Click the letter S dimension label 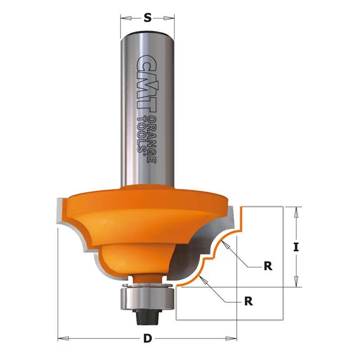[x=148, y=18]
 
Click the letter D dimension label [x=148, y=338]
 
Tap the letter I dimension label [x=296, y=247]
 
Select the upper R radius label [x=268, y=266]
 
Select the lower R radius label [x=249, y=301]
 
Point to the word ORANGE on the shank [x=151, y=139]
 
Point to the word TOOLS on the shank [x=141, y=135]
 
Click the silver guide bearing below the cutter [x=147, y=298]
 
